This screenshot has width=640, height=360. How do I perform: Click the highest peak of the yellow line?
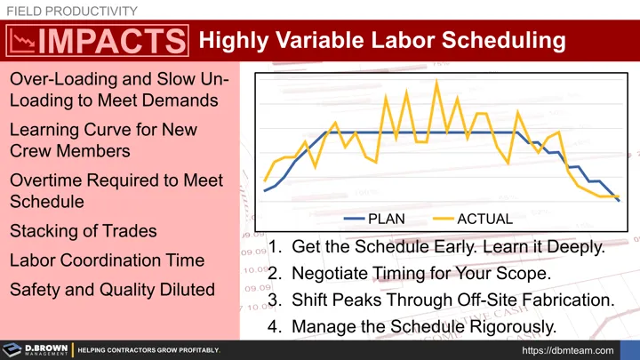point(436,82)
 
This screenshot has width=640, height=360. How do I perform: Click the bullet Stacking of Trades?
point(83,231)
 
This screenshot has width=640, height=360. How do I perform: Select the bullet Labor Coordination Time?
point(107,260)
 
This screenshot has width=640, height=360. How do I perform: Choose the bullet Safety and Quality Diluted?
point(112,290)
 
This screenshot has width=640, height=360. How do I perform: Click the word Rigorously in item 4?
point(512,325)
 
